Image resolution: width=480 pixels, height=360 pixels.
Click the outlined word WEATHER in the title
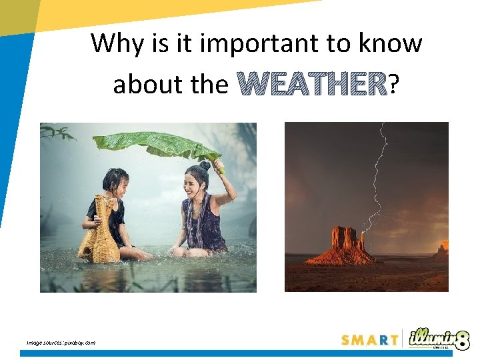[312, 85]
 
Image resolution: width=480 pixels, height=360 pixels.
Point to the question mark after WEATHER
[394, 85]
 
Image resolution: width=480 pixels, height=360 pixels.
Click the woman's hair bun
[204, 165]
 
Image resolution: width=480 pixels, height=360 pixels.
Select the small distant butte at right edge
[441, 249]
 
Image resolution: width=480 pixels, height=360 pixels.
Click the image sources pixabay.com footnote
[61, 343]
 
